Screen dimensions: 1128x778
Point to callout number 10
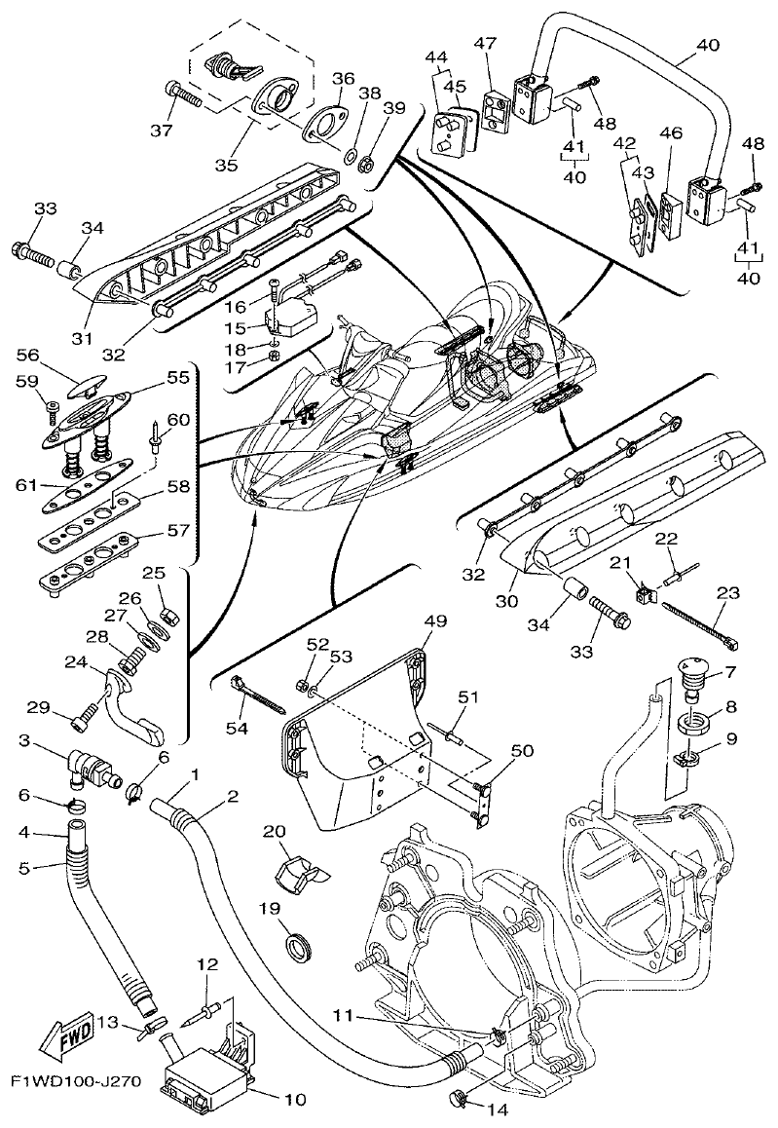(x=294, y=1101)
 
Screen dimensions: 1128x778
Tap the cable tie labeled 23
(x=699, y=623)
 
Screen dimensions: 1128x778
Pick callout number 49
(x=435, y=621)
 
